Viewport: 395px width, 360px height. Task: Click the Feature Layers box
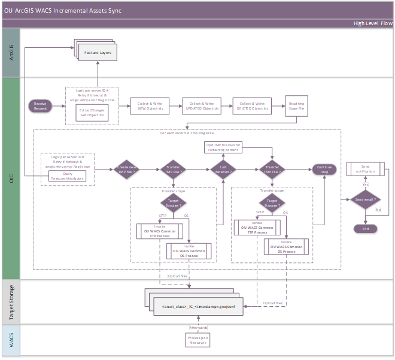tap(96, 52)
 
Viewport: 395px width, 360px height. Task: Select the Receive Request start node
tap(41, 105)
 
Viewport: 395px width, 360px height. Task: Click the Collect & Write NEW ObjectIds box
tap(147, 105)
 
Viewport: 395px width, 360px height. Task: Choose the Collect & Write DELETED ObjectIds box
tap(250, 105)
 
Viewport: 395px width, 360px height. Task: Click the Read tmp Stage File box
tap(296, 105)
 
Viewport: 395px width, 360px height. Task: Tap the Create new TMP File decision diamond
tap(126, 170)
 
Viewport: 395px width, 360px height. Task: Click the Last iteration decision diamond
tap(223, 170)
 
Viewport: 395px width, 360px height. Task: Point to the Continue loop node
tap(324, 170)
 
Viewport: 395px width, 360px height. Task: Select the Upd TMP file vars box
tap(223, 147)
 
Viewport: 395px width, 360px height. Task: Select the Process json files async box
tap(197, 340)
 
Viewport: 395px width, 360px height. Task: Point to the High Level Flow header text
tap(372, 23)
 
